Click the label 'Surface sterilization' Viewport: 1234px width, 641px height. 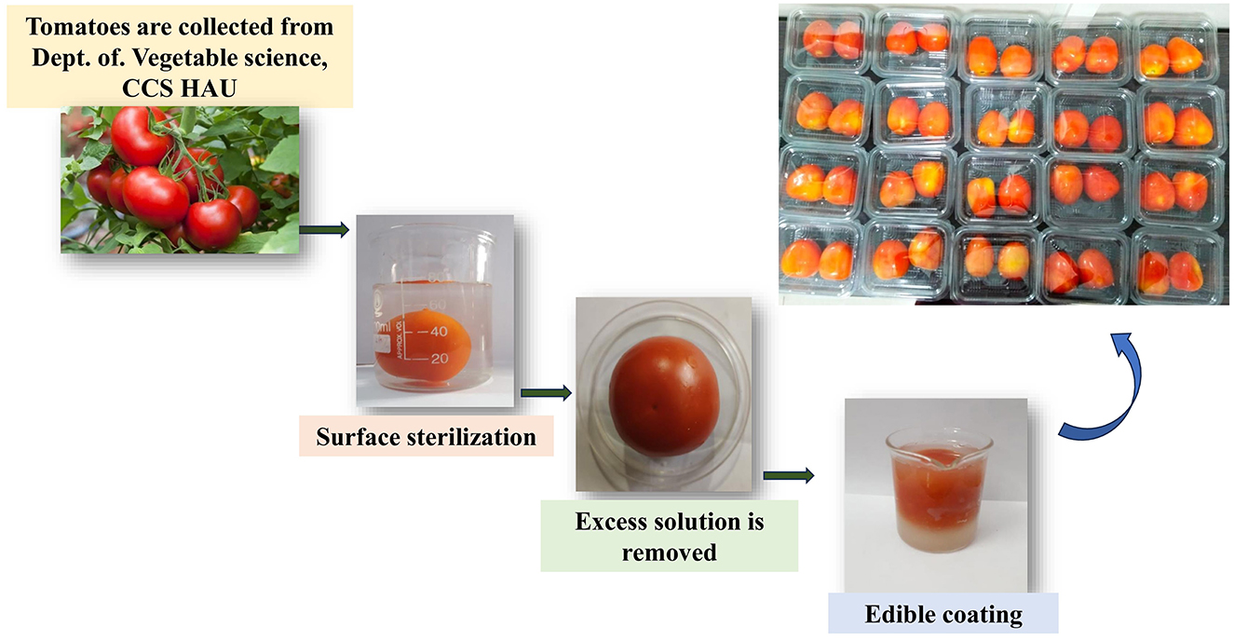[427, 436]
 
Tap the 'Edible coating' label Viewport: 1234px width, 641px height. [943, 615]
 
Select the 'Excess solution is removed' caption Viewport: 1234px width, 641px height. [669, 536]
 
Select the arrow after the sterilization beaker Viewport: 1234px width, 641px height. [546, 393]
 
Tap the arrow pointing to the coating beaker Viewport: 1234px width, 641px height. [788, 475]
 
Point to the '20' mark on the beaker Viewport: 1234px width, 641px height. [438, 358]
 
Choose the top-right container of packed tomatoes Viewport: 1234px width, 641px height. [1173, 54]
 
